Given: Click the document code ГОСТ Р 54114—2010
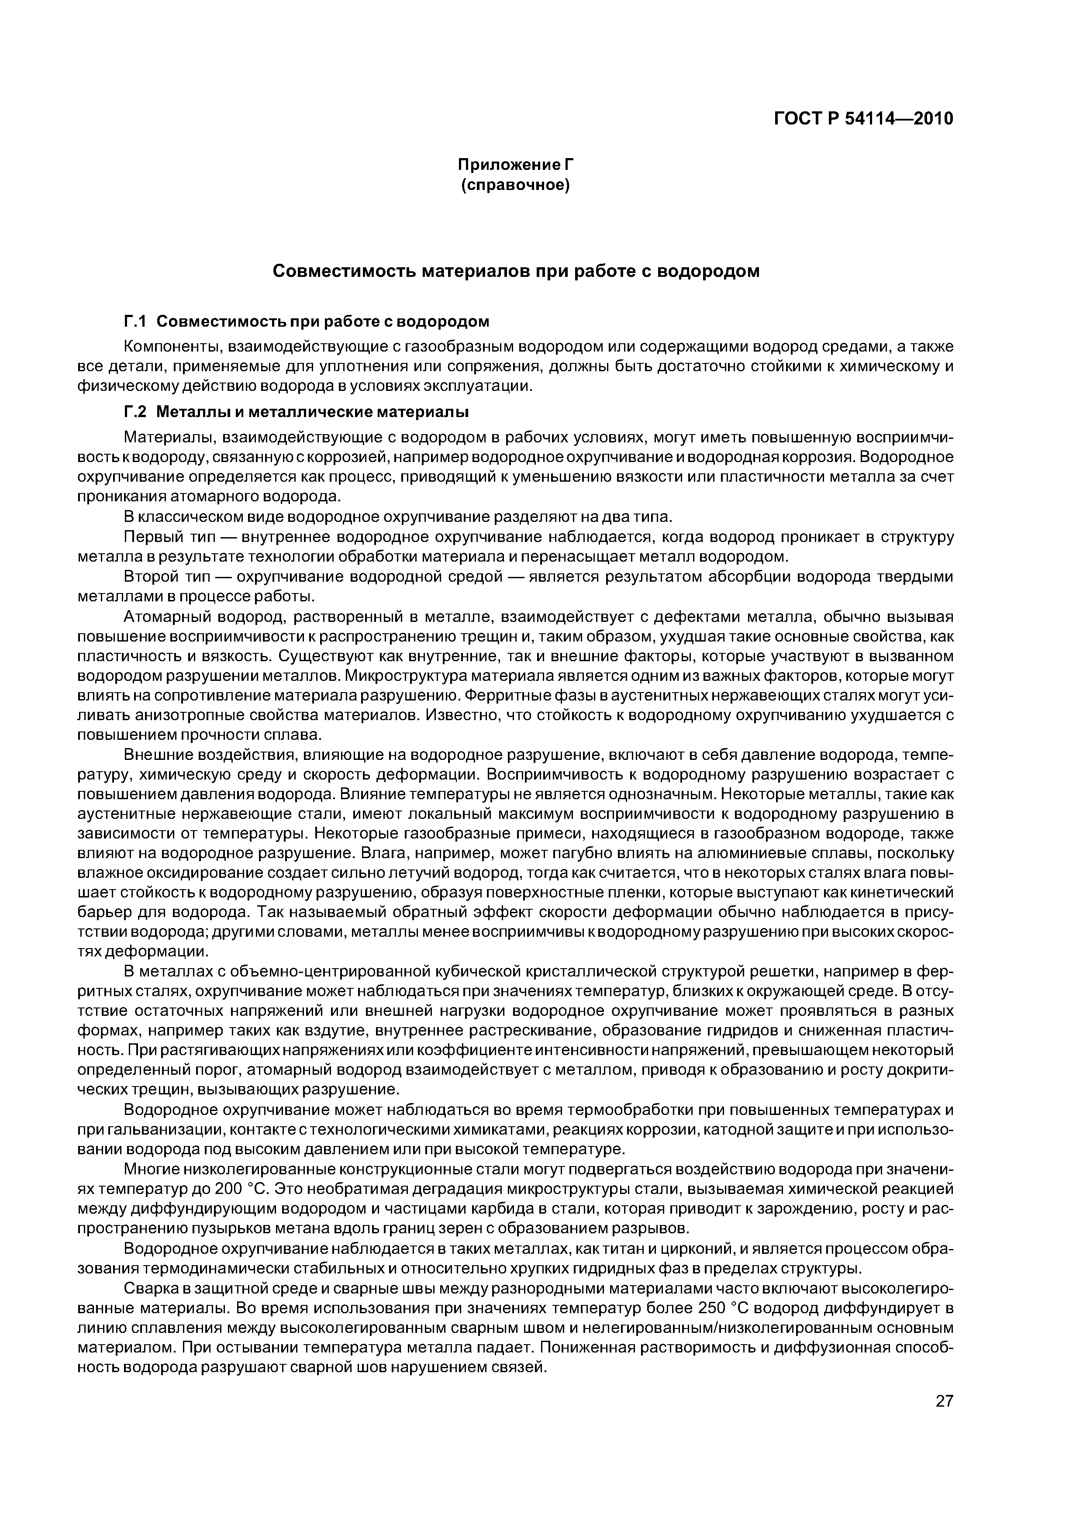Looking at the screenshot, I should pos(863,119).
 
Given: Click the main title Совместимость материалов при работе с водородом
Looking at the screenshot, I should pos(516,272).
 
